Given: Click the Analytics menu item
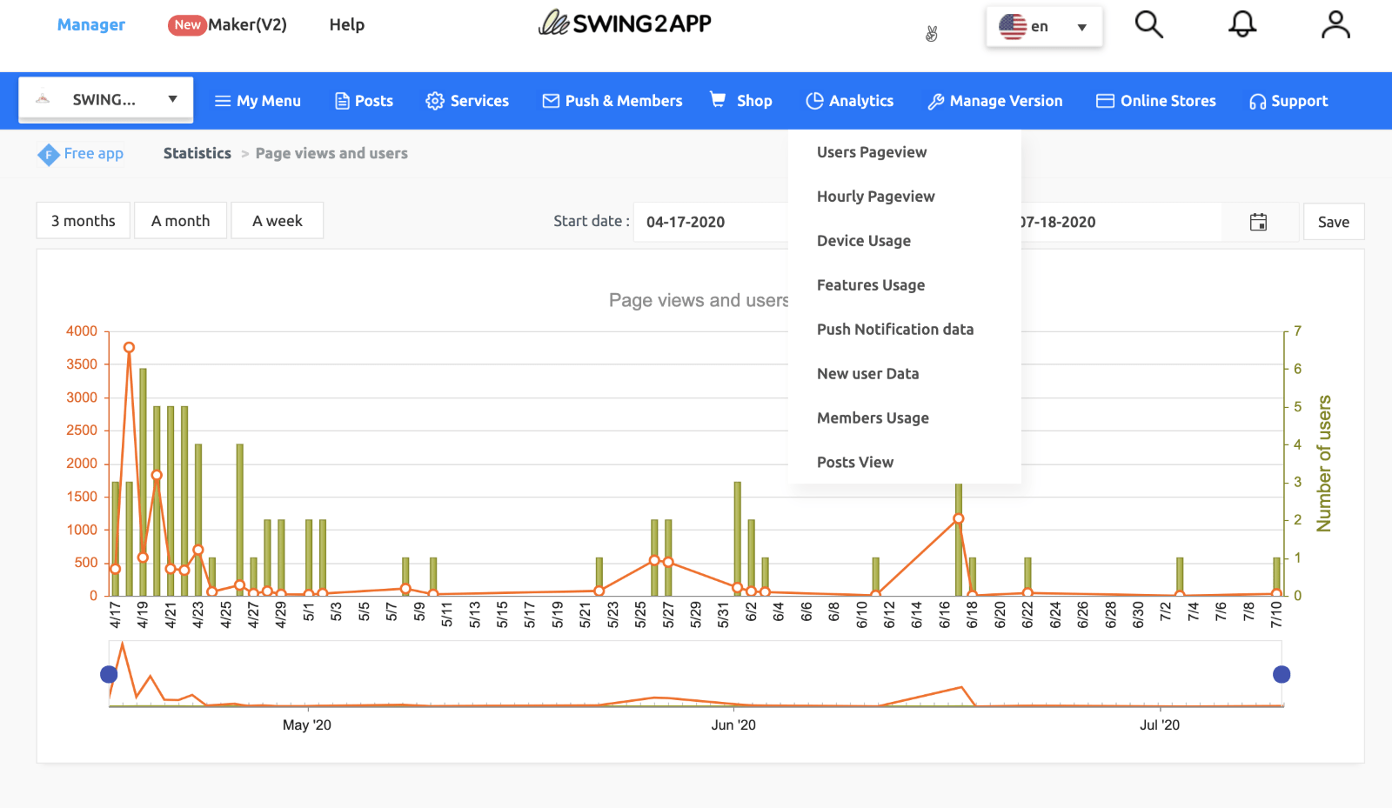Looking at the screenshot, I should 850,101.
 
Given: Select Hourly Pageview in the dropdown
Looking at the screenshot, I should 875,197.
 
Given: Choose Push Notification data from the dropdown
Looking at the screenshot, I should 894,330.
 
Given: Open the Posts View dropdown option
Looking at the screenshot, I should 854,463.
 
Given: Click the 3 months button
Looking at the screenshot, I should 83,221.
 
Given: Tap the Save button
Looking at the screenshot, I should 1333,222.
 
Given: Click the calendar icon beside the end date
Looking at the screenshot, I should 1258,222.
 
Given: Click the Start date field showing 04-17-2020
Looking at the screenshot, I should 709,222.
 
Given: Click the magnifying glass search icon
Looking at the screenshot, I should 1148,24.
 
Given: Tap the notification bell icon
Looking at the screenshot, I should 1241,24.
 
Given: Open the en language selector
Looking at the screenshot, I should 1043,26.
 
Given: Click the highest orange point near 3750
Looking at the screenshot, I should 129,347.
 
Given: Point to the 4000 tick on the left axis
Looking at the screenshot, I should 82,331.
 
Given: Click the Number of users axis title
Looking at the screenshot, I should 1323,464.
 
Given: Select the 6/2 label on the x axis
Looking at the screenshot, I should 751,614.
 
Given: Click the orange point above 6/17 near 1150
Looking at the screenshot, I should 958,518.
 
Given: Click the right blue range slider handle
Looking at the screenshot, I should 1281,674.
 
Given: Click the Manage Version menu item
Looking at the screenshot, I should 995,101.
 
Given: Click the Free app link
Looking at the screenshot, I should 92,154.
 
